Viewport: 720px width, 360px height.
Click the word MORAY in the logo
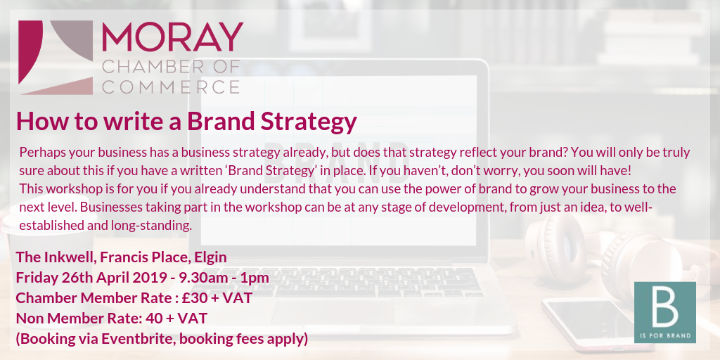[172, 37]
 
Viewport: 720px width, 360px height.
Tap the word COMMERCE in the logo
[170, 86]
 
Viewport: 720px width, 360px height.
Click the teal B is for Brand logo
[665, 312]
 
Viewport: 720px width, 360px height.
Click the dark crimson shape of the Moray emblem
[30, 51]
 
